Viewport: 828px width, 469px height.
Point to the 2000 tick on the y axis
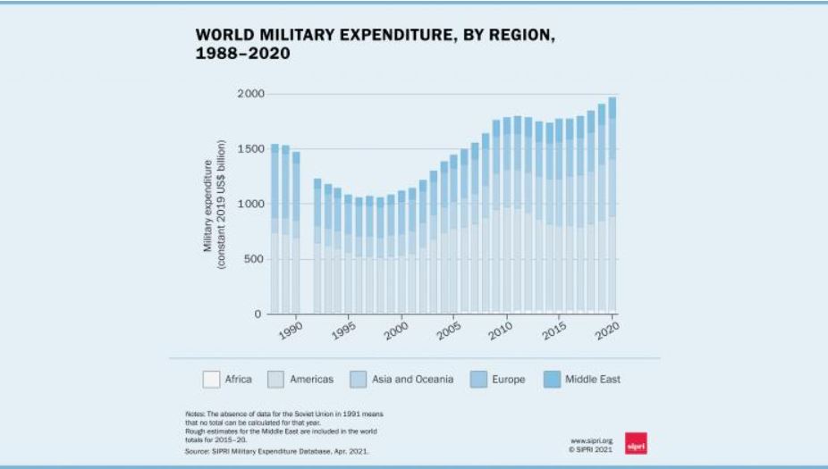coord(251,94)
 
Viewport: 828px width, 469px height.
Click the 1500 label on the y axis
coord(251,149)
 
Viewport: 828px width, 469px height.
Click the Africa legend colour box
coord(211,380)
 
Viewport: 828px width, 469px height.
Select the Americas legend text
coord(311,380)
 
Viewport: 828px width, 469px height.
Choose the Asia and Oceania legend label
coord(412,380)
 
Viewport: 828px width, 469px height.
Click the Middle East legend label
coord(592,380)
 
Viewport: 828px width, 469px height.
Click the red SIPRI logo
coord(635,444)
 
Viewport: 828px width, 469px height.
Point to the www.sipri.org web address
coord(592,440)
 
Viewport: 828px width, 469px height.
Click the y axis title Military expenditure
coord(214,205)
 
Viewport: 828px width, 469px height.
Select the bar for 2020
coord(613,205)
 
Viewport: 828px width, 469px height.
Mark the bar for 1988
coord(275,229)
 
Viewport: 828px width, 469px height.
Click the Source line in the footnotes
coord(276,451)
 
